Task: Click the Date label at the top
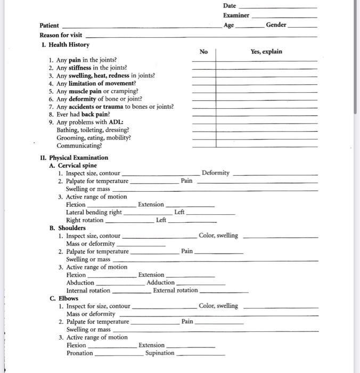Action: [230, 5]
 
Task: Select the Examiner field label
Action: [236, 15]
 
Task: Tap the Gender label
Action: [276, 25]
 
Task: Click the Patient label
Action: [50, 26]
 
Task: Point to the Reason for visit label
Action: [61, 35]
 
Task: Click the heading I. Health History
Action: [65, 45]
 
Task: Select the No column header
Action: [203, 52]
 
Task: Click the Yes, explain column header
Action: [266, 52]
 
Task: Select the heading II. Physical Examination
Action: [74, 158]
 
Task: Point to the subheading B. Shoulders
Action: [67, 228]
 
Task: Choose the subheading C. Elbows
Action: [64, 298]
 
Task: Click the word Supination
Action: [160, 353]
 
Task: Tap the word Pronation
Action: [79, 353]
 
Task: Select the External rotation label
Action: [175, 290]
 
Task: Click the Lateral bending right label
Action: [94, 212]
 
